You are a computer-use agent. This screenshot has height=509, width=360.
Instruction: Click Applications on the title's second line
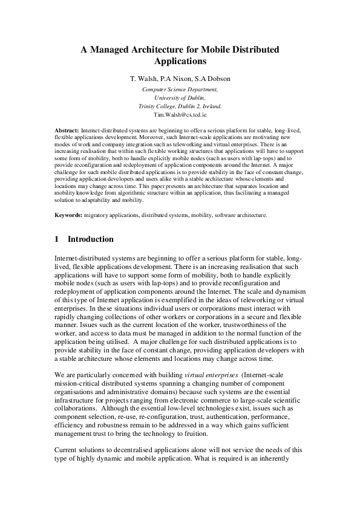180,61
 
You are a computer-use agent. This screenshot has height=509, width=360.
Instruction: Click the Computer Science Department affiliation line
180,89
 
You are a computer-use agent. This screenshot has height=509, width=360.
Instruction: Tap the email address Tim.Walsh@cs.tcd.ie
180,114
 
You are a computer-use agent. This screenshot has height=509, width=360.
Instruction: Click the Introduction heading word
91,239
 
